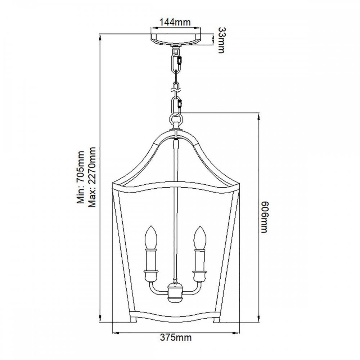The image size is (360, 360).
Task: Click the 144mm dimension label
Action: click(175, 22)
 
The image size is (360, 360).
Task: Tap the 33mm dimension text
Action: click(221, 40)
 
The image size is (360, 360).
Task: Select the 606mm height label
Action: click(264, 217)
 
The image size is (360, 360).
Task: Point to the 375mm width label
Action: click(176, 338)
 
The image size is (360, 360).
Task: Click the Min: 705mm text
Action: click(81, 177)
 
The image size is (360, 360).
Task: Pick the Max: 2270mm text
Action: click(92, 177)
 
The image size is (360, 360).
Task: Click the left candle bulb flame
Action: click(150, 237)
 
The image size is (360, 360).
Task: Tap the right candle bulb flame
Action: click(200, 237)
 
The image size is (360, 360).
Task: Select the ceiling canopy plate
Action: click(176, 40)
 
